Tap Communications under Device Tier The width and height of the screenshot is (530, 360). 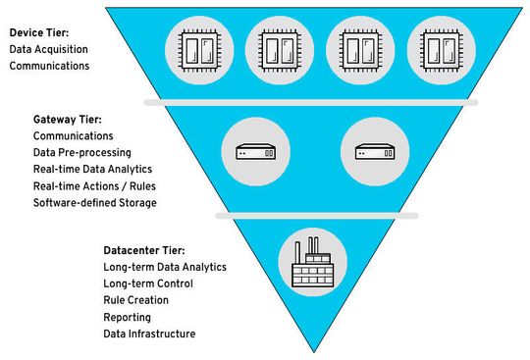(50, 66)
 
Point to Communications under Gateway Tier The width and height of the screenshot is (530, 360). (74, 135)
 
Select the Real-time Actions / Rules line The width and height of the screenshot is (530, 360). (94, 185)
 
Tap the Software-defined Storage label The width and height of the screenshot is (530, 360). (95, 203)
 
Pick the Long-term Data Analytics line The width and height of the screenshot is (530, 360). (165, 267)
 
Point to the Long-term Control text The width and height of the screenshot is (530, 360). (148, 283)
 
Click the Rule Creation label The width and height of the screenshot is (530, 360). (136, 300)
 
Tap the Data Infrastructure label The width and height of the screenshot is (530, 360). (149, 334)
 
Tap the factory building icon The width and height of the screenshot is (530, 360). (312, 258)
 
